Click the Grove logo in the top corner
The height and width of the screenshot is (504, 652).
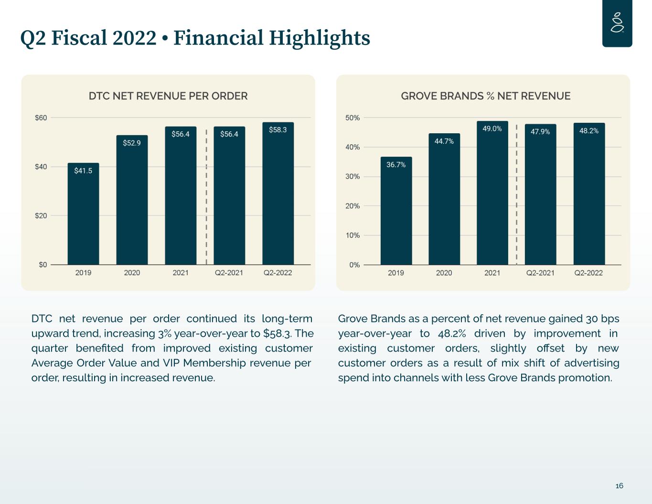tap(617, 23)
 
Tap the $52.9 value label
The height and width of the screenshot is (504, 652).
tap(132, 143)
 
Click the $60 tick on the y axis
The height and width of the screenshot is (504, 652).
tap(41, 118)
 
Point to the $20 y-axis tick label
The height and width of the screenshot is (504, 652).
tap(41, 216)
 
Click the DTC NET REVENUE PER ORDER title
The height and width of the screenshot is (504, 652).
tap(168, 96)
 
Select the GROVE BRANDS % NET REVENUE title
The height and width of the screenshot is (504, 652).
tap(485, 96)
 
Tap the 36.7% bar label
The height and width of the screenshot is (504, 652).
tap(396, 165)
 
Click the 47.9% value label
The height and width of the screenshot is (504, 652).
tap(540, 131)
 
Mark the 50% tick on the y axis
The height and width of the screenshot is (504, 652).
tap(353, 118)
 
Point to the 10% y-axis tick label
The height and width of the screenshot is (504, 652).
tap(353, 236)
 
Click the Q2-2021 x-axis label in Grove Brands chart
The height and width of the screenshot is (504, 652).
tap(540, 273)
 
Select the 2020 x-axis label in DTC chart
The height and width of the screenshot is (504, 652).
tap(132, 273)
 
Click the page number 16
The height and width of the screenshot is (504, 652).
tap(619, 486)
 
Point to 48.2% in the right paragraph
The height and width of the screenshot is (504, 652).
tap(451, 333)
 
